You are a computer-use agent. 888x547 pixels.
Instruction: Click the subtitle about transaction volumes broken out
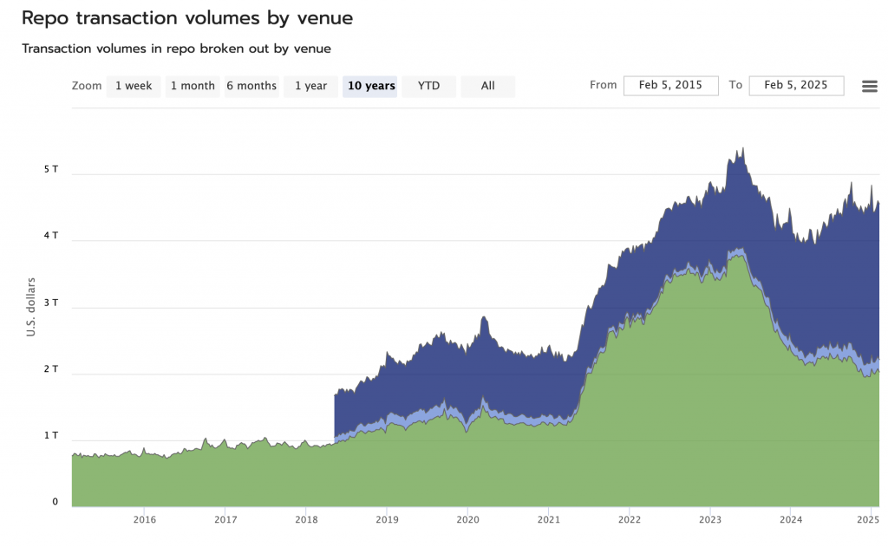pyautogui.click(x=176, y=49)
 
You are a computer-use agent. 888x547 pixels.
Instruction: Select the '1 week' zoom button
pyautogui.click(x=134, y=86)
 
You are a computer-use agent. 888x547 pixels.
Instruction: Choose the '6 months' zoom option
pyautogui.click(x=251, y=86)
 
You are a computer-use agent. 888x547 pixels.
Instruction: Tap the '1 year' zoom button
pyautogui.click(x=310, y=86)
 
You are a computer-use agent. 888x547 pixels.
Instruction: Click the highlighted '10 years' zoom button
pyautogui.click(x=370, y=86)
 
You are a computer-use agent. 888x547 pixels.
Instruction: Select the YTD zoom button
pyautogui.click(x=428, y=86)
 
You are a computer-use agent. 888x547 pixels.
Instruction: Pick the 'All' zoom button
pyautogui.click(x=487, y=86)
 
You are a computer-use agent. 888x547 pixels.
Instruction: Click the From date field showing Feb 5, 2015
pyautogui.click(x=671, y=85)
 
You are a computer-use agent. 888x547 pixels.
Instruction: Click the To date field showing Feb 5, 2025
pyautogui.click(x=796, y=85)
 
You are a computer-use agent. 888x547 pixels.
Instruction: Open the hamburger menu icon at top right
pyautogui.click(x=870, y=86)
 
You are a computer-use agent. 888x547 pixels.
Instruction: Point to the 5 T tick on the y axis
pyautogui.click(x=51, y=169)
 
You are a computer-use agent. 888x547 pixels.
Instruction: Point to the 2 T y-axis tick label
pyautogui.click(x=51, y=368)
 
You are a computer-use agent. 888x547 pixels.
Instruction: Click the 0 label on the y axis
pyautogui.click(x=55, y=502)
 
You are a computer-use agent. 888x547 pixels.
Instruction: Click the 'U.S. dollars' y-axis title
pyautogui.click(x=31, y=307)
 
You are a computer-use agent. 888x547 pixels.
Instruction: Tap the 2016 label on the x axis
pyautogui.click(x=145, y=520)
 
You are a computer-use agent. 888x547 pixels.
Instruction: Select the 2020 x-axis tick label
pyautogui.click(x=467, y=520)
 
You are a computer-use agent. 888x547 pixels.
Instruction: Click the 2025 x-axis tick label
pyautogui.click(x=868, y=520)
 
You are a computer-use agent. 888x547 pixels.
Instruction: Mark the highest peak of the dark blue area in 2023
pyautogui.click(x=743, y=149)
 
